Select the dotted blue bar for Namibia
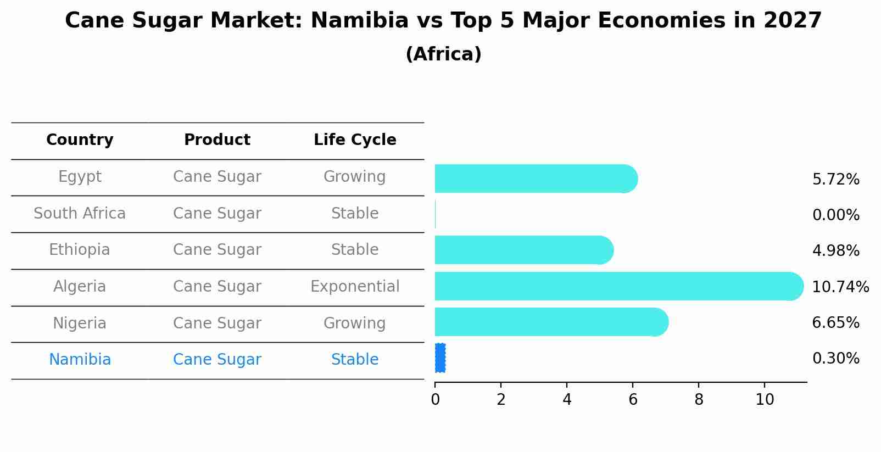click(440, 358)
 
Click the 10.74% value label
click(840, 287)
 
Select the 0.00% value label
click(835, 215)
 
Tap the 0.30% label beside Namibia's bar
click(835, 359)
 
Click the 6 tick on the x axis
click(633, 400)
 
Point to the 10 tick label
click(765, 400)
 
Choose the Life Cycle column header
click(355, 140)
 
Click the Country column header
click(80, 140)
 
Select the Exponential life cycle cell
click(355, 287)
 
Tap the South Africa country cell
click(80, 214)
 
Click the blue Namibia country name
click(80, 360)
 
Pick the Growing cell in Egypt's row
click(355, 177)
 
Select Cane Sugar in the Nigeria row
click(217, 323)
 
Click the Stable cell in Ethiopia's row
click(355, 250)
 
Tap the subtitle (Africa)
click(443, 54)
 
